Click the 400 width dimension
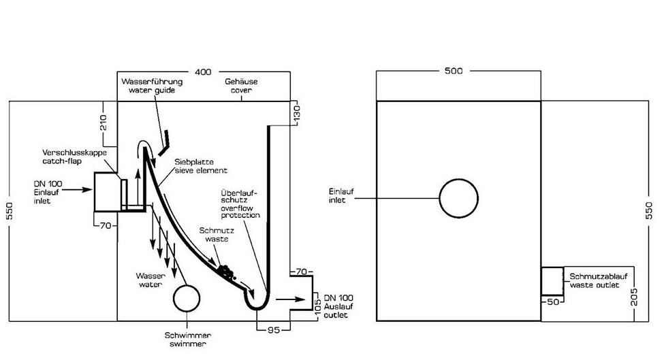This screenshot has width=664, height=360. coord(202,71)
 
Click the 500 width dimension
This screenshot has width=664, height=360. coord(455,71)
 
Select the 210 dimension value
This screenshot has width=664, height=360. coord(103,123)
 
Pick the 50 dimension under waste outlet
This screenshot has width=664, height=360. coord(552,301)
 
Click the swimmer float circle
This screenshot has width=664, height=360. coord(187,299)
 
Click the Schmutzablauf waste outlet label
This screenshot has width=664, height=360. coord(594,280)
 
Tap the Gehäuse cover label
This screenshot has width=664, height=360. coord(242,86)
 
